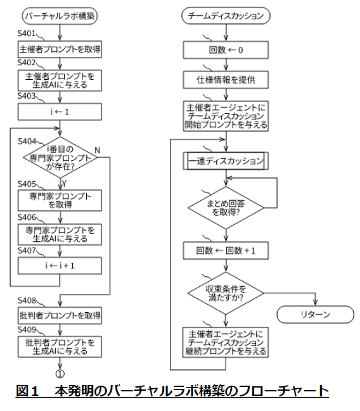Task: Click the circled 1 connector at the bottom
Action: click(59, 373)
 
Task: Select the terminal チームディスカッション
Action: click(226, 15)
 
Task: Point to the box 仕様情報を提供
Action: click(226, 79)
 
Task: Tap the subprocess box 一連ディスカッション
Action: click(226, 161)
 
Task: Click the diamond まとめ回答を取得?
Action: click(226, 206)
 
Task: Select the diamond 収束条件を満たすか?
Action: click(226, 293)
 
